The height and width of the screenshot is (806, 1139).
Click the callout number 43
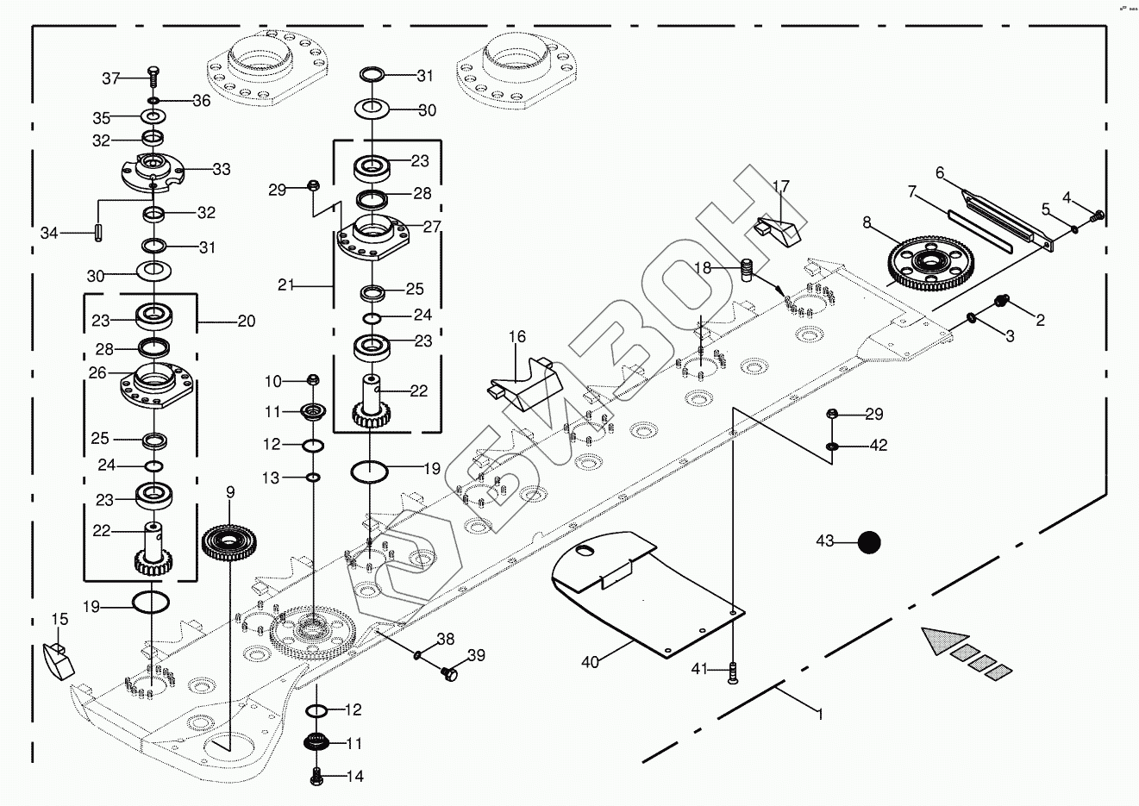[x=825, y=541]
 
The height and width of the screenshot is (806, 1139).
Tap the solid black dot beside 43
[x=869, y=542]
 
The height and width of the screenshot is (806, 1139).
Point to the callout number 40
[x=590, y=662]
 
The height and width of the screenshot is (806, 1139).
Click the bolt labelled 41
[x=733, y=671]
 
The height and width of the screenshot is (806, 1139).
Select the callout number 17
[x=780, y=187]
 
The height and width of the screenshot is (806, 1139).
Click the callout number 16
[x=516, y=337]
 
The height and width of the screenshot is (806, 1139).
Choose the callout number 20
[x=247, y=322]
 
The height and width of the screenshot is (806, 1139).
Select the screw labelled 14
[x=316, y=776]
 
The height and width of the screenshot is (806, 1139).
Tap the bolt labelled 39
[x=447, y=672]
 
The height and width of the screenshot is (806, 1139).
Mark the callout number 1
[x=820, y=715]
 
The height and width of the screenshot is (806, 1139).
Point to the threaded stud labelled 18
[x=748, y=270]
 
